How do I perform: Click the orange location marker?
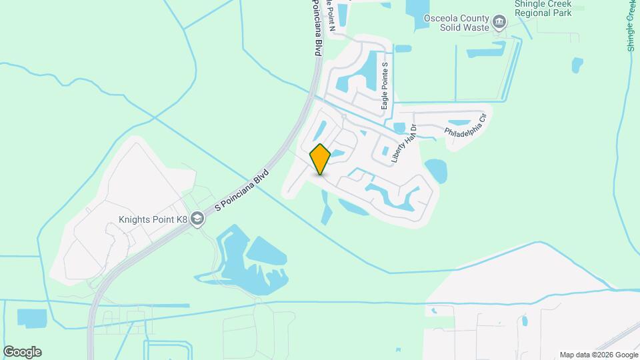(x=320, y=159)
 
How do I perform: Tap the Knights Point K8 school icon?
(x=197, y=219)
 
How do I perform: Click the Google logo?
(x=22, y=351)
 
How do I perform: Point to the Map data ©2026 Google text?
(x=599, y=355)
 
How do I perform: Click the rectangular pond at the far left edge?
(x=29, y=319)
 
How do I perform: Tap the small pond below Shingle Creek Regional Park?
(x=577, y=65)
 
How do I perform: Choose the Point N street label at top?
(x=328, y=13)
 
